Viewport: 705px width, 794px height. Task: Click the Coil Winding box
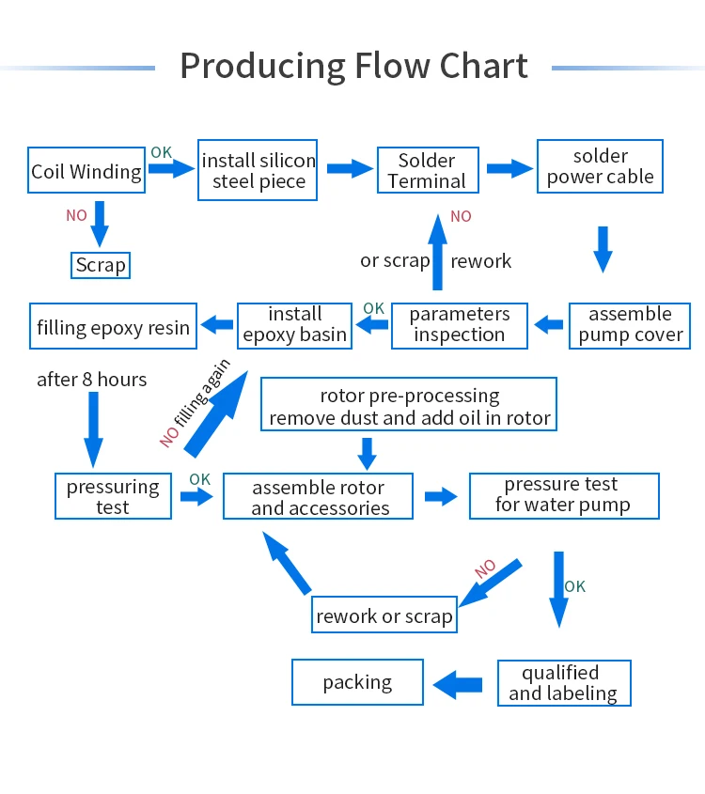tap(86, 171)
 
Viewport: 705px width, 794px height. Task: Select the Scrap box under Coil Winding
tap(101, 265)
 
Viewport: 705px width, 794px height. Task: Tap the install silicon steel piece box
tap(258, 170)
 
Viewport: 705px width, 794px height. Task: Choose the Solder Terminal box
tap(427, 171)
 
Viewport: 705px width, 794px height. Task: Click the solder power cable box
tap(600, 166)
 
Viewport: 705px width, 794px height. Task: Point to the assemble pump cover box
tap(630, 325)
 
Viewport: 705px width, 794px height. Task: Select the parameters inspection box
tap(459, 325)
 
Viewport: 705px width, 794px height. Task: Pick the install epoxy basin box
tap(294, 324)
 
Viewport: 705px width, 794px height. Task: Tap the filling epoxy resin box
tap(113, 328)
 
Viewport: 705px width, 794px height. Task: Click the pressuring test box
tap(113, 496)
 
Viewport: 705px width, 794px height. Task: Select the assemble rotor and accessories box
tap(319, 497)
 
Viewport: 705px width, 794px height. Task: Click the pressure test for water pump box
tap(563, 495)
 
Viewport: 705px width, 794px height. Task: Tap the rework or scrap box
tap(384, 616)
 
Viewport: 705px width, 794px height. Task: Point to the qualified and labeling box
tap(562, 683)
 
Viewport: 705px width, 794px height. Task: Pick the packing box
tap(356, 682)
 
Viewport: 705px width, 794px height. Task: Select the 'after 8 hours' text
tap(91, 380)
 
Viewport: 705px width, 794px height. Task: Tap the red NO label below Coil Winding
tap(76, 216)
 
